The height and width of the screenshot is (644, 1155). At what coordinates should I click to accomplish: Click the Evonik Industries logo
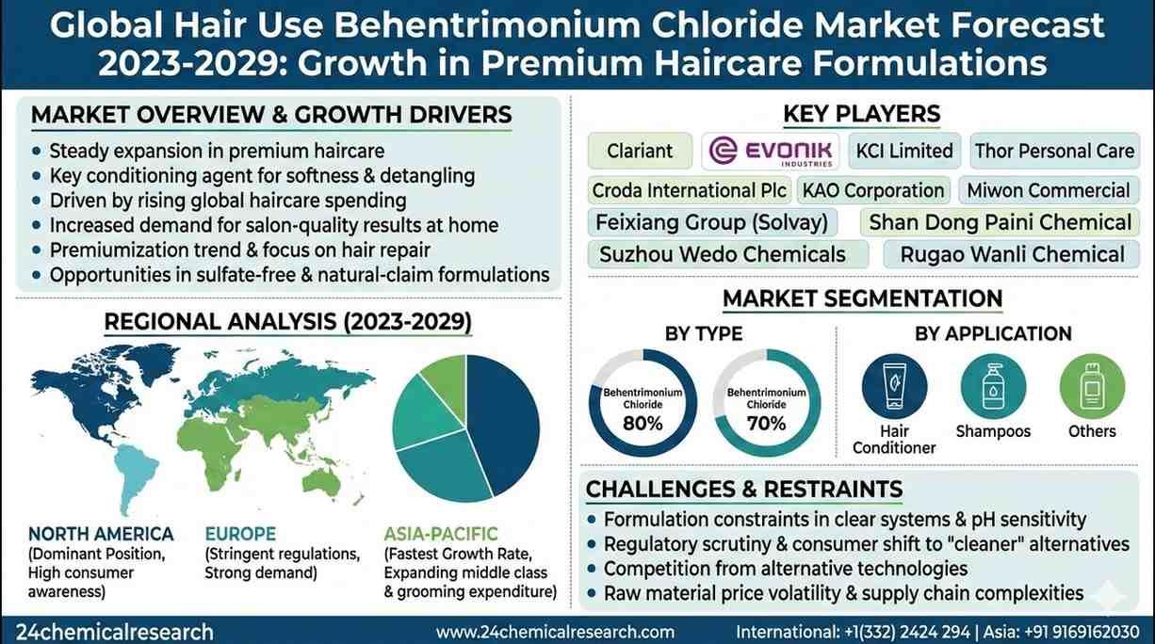[771, 152]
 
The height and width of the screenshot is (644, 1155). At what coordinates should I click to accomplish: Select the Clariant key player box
[640, 151]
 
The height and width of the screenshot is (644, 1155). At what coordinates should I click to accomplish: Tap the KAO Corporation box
[873, 190]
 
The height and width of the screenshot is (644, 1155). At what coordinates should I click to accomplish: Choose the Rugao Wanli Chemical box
[1012, 254]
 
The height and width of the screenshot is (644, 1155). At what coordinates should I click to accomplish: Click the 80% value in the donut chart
[643, 423]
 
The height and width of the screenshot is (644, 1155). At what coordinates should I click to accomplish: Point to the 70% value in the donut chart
[766, 423]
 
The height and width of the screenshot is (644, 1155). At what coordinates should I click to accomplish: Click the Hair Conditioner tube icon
[894, 386]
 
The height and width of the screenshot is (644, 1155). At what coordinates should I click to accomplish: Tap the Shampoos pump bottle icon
[993, 386]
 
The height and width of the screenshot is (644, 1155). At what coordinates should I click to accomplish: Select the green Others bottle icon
[1092, 386]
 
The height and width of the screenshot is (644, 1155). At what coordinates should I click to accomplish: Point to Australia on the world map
[321, 482]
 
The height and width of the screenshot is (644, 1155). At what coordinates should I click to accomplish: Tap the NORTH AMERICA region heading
[101, 534]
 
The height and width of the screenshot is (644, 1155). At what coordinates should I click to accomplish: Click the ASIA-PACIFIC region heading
[441, 534]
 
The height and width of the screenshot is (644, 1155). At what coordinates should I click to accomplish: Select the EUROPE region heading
[240, 534]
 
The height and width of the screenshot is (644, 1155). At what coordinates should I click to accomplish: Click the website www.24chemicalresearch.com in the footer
[555, 632]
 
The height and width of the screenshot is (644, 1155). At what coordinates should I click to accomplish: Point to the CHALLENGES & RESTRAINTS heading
[744, 489]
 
